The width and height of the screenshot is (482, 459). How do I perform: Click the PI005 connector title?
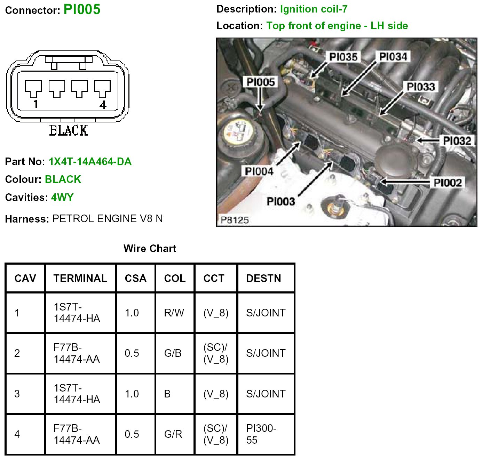click(82, 9)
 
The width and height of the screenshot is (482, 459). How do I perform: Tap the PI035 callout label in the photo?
click(343, 57)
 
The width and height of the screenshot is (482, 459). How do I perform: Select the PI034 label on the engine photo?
click(393, 56)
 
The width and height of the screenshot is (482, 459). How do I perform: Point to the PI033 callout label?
click(421, 87)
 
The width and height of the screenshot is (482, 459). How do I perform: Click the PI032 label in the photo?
click(457, 141)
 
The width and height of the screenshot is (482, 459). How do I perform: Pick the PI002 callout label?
click(448, 183)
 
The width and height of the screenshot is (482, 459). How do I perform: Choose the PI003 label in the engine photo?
click(280, 201)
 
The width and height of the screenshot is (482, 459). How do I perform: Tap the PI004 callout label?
click(259, 171)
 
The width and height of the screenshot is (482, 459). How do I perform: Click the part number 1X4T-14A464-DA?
click(90, 162)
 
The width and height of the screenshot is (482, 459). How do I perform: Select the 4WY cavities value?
click(62, 198)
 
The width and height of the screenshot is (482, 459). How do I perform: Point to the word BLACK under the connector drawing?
click(69, 130)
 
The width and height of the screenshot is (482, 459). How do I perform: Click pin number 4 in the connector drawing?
click(103, 105)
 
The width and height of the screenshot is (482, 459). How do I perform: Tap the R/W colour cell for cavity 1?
click(174, 313)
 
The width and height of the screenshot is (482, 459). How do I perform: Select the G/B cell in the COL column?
click(173, 353)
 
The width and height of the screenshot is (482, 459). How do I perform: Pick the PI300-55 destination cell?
click(261, 434)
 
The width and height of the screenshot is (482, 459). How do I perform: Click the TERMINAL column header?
click(80, 278)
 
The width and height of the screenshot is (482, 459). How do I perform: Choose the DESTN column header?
click(263, 278)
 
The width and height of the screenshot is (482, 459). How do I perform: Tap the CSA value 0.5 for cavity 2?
click(132, 353)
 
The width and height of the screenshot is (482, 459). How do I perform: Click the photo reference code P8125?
click(235, 220)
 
